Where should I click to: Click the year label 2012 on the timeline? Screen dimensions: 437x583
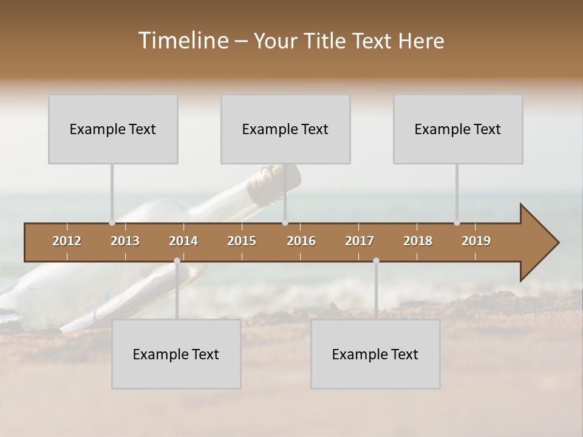click(x=67, y=241)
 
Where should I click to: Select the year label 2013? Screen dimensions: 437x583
click(x=125, y=241)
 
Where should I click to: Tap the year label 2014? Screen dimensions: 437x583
click(x=183, y=241)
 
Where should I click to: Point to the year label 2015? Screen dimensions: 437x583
click(x=242, y=241)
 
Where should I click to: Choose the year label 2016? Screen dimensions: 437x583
click(x=301, y=241)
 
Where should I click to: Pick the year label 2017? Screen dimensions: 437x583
click(x=360, y=241)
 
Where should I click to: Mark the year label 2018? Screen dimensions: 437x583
click(x=418, y=241)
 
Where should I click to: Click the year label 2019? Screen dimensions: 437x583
click(x=476, y=241)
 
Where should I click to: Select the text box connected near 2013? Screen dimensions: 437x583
click(x=113, y=129)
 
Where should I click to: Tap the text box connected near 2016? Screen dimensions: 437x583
click(x=285, y=129)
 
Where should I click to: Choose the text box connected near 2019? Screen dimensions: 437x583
click(x=458, y=129)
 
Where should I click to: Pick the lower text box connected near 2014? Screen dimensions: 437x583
click(x=176, y=354)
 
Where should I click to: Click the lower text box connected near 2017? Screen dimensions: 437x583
click(x=375, y=354)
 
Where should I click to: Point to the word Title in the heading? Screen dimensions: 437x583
click(x=326, y=41)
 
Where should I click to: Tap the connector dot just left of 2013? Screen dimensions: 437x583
click(x=112, y=223)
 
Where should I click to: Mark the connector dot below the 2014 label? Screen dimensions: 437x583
click(x=177, y=261)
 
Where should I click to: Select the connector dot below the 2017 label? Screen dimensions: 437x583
click(x=376, y=261)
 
